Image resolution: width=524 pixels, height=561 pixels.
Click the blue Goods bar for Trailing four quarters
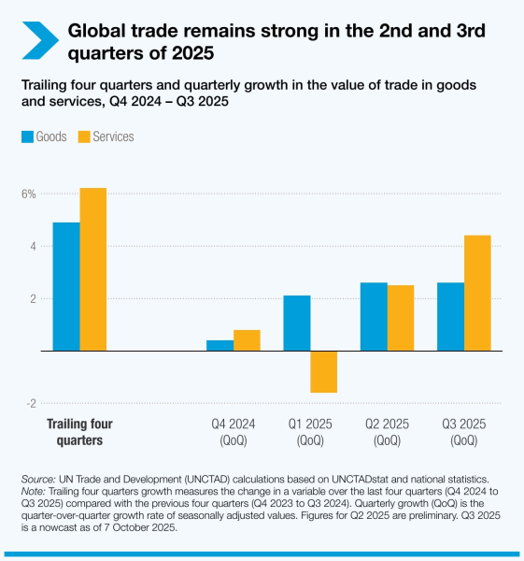65,286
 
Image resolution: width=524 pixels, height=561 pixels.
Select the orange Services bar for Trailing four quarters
92,269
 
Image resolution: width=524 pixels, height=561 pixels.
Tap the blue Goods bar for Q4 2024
220,345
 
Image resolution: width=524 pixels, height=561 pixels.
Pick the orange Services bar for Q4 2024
247,340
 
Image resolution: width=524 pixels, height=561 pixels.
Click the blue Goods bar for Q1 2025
296,323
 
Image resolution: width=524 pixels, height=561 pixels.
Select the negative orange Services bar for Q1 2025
323,371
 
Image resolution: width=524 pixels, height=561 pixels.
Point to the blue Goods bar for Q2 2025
374,316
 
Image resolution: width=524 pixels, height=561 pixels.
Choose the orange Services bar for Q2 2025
401,318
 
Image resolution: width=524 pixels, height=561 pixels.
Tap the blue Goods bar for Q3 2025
450,316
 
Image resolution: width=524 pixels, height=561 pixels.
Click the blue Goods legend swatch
26,137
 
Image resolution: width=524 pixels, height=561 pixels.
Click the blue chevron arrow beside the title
40,40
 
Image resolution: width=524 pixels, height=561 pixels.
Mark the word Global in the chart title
101,31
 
